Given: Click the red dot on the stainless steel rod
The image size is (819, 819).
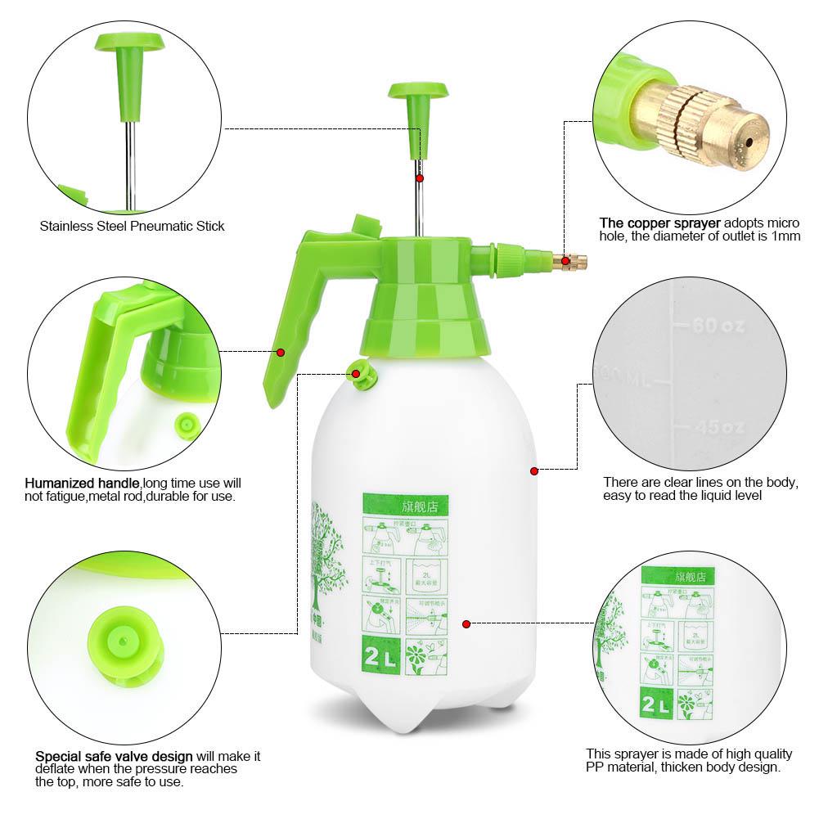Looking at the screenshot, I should coord(419,178).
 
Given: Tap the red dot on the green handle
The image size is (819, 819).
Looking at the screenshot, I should coord(281,353).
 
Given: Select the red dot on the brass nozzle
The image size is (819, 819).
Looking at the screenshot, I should coord(564,260).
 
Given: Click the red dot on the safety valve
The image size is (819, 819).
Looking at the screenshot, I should coord(356,374).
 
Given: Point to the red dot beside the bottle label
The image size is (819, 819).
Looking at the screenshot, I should coord(466,624).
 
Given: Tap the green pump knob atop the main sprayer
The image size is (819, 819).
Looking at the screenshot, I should coord(418,92).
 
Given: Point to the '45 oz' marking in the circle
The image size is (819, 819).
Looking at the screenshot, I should coord(718,427).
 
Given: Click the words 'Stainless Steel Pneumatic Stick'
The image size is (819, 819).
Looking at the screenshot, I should coord(132,226).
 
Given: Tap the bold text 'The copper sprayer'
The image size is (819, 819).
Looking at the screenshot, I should coord(660,223).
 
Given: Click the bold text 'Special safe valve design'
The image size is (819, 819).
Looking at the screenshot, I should coord(114,756).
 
